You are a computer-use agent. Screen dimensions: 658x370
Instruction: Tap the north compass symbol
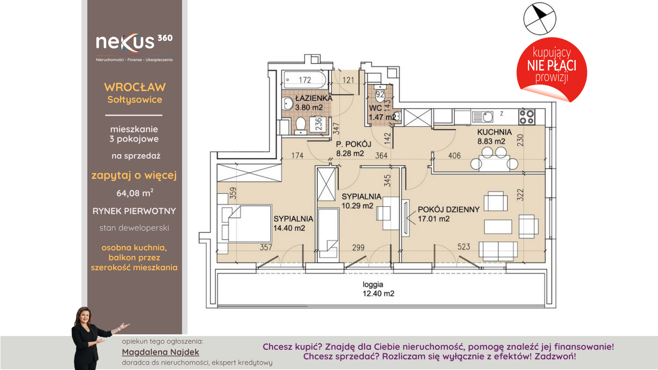pyautogui.click(x=540, y=18)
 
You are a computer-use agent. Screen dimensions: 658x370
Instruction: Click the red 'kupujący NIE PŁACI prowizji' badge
pyautogui.click(x=552, y=70)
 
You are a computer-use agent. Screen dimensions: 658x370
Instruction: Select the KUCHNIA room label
pyautogui.click(x=494, y=132)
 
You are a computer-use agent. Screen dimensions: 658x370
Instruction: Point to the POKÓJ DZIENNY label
pyautogui.click(x=449, y=210)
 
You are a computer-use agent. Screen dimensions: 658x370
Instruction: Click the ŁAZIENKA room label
pyautogui.click(x=314, y=98)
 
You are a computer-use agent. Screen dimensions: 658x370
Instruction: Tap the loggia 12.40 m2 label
pyautogui.click(x=378, y=289)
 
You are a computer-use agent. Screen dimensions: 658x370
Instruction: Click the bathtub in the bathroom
pyautogui.click(x=304, y=80)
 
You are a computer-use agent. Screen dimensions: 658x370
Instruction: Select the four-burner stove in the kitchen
pyautogui.click(x=526, y=117)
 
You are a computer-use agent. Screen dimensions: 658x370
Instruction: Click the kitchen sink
pyautogui.click(x=483, y=117)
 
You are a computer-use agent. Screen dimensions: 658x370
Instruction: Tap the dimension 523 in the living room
pyautogui.click(x=464, y=247)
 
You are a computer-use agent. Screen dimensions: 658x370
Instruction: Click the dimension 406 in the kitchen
pyautogui.click(x=454, y=156)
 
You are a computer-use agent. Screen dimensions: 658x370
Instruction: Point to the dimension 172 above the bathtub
pyautogui.click(x=305, y=80)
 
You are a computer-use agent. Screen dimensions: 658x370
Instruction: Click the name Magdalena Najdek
pyautogui.click(x=160, y=352)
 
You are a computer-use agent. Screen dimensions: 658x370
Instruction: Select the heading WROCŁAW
pyautogui.click(x=135, y=87)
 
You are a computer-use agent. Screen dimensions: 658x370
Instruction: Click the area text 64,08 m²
pyautogui.click(x=135, y=193)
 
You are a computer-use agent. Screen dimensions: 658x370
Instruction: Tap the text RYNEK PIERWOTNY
pyautogui.click(x=134, y=211)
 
